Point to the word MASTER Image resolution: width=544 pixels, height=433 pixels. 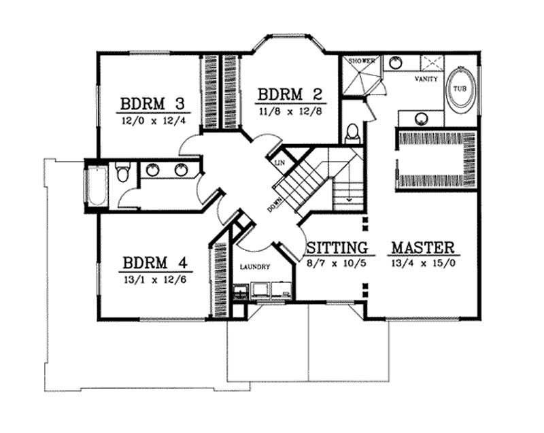click(422, 246)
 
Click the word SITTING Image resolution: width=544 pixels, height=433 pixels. click(337, 247)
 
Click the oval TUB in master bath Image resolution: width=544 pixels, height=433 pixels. click(460, 90)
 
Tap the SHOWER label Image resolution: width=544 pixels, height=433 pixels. click(362, 61)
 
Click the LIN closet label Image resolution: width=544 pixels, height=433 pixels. click(279, 163)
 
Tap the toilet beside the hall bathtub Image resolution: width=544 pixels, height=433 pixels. click(122, 174)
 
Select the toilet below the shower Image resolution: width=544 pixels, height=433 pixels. click(352, 133)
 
